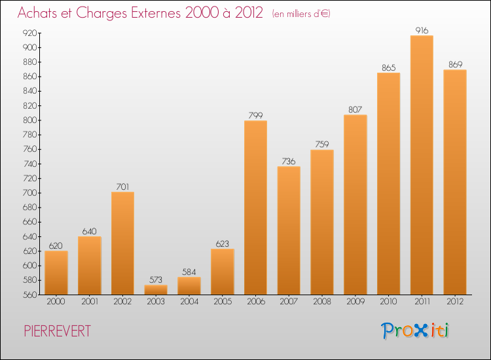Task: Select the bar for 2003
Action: (x=156, y=289)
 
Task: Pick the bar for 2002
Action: (x=122, y=243)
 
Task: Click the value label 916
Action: (x=422, y=30)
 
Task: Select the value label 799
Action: (x=255, y=115)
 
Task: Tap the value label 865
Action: (x=388, y=67)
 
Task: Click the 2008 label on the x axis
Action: (x=322, y=302)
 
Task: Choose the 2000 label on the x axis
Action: (x=56, y=302)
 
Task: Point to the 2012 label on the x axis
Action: (x=455, y=302)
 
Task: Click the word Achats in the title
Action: (x=40, y=12)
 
